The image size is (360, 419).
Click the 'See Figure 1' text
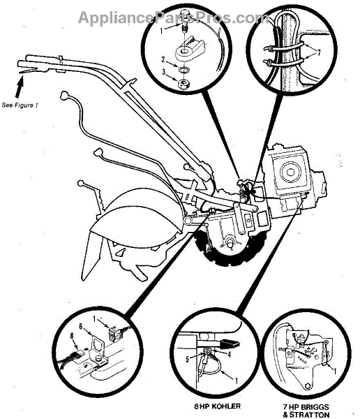pyautogui.click(x=20, y=105)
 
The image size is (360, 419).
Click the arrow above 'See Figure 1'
pyautogui.click(x=20, y=87)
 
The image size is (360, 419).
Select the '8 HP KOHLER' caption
pyautogui.click(x=217, y=406)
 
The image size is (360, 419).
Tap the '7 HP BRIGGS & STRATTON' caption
pyautogui.click(x=306, y=411)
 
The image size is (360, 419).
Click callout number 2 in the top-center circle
pyautogui.click(x=163, y=59)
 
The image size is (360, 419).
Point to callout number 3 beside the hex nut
pyautogui.click(x=164, y=72)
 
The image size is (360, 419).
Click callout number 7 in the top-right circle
pyautogui.click(x=318, y=52)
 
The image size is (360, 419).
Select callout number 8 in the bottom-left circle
pyautogui.click(x=72, y=336)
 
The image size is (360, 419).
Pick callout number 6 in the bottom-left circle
pyautogui.click(x=81, y=326)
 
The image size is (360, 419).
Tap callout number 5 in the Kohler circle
pyautogui.click(x=187, y=360)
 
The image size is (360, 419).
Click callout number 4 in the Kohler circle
pyautogui.click(x=229, y=355)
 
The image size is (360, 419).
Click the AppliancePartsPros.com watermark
pyautogui.click(x=173, y=18)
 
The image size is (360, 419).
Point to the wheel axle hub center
pyautogui.click(x=230, y=242)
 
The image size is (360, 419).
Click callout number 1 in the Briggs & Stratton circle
pyautogui.click(x=335, y=371)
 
